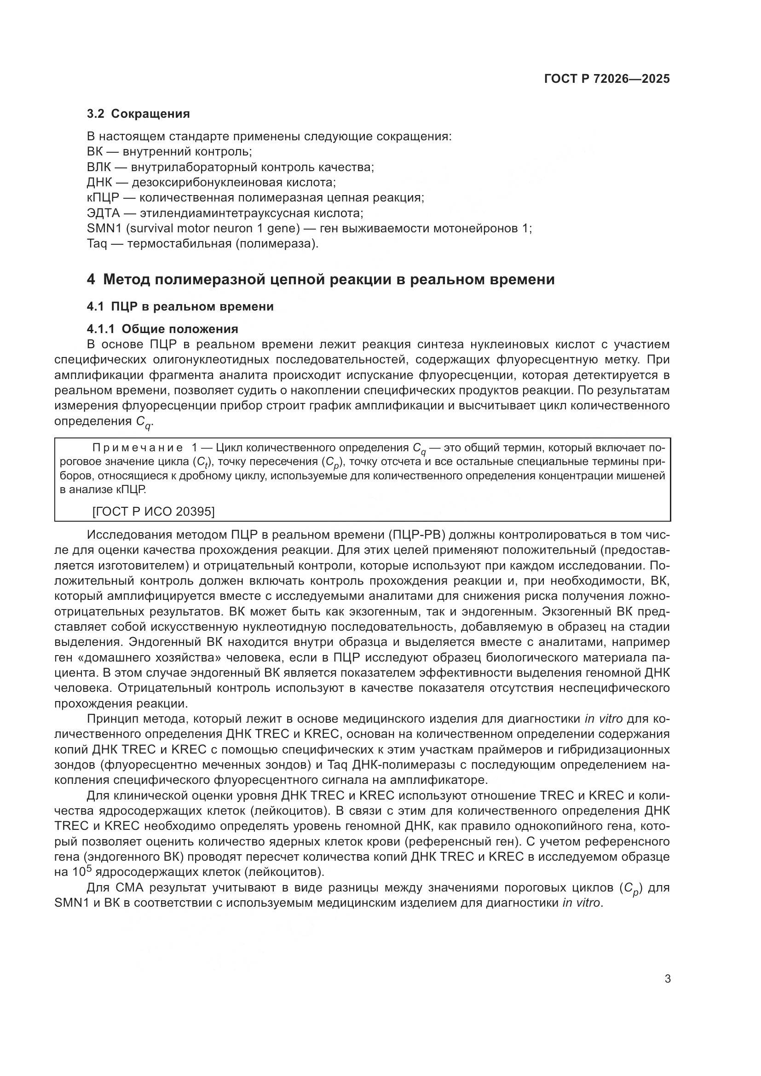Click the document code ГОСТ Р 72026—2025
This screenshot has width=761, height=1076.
click(607, 79)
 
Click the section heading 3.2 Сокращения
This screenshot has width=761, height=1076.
click(138, 114)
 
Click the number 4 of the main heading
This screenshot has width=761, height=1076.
click(91, 280)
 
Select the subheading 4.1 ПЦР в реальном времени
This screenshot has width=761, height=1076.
click(180, 306)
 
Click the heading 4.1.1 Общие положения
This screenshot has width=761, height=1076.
click(162, 328)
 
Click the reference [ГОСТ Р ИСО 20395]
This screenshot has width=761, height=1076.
click(153, 511)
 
